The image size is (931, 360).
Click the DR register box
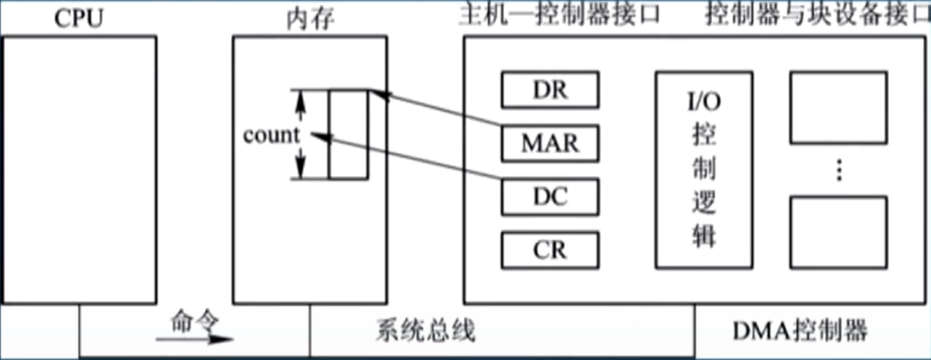(550, 89)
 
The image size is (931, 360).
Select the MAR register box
(550, 142)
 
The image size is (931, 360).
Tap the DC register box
(550, 196)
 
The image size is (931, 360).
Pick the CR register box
(550, 250)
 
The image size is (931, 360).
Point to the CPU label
(79, 17)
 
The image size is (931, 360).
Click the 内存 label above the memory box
(310, 18)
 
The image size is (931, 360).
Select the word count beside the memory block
(271, 135)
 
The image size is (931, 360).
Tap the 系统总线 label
(425, 330)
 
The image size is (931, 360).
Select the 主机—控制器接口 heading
(559, 15)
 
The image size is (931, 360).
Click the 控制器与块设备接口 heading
(816, 15)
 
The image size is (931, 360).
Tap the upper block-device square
(838, 106)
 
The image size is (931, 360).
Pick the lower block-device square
(838, 230)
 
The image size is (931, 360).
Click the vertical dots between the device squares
(838, 170)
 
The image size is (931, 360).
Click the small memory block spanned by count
(348, 134)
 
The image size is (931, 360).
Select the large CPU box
(79, 168)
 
